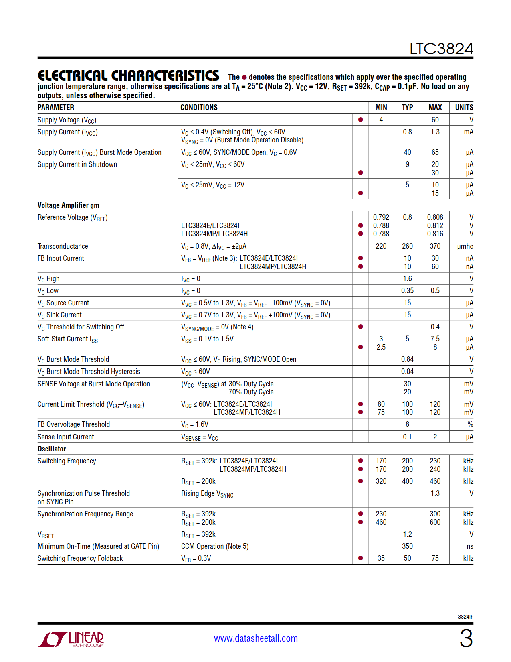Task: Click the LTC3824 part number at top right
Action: point(441,49)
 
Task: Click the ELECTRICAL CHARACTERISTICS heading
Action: point(128,75)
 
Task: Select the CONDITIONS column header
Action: point(199,107)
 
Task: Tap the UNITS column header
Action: point(464,107)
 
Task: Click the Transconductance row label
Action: point(63,246)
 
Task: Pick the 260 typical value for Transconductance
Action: point(407,246)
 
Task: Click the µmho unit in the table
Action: point(465,246)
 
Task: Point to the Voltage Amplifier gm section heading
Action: point(69,205)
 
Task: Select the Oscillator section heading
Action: point(52,449)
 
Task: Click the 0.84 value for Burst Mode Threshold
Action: point(407,359)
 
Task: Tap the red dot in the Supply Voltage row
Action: point(360,120)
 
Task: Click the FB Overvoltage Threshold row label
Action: point(74,424)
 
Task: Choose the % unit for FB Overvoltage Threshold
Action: point(470,424)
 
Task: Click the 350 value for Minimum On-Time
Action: point(407,546)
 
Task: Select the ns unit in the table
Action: point(470,546)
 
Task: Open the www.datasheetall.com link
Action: point(256,638)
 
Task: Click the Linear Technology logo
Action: point(71,639)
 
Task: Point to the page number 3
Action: point(466,638)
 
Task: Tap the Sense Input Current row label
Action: point(66,437)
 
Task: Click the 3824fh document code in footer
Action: point(465,617)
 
